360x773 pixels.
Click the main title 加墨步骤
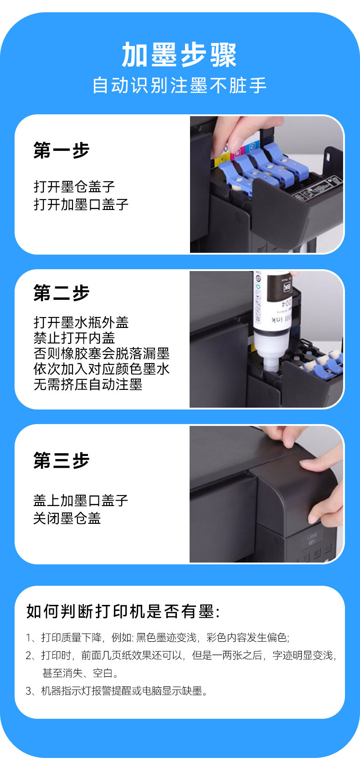point(179,55)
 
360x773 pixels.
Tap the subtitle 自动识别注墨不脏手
point(180,86)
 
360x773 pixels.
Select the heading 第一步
point(62,150)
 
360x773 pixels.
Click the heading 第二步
point(62,293)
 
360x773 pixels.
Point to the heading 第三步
point(62,461)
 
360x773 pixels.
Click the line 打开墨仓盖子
point(74,187)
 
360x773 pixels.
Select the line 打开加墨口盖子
point(81,204)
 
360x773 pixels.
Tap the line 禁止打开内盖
point(74,338)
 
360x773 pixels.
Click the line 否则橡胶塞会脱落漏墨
point(102,353)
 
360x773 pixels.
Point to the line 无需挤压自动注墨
point(88,384)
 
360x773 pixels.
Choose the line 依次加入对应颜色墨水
point(102,369)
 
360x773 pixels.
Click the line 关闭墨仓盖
point(67,518)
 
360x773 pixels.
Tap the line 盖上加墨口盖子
point(81,501)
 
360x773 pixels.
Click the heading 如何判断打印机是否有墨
point(123,611)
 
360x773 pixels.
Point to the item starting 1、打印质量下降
point(158,637)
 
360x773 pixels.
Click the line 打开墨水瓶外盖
point(81,323)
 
